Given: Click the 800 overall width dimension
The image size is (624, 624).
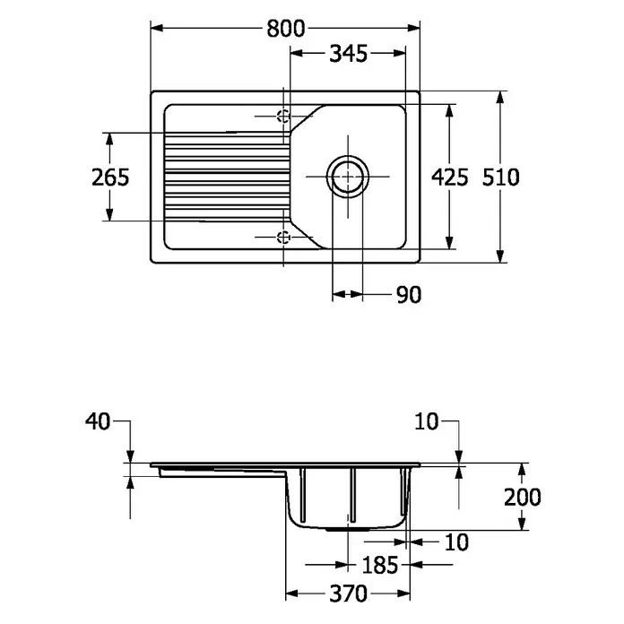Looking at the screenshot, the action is point(286,29).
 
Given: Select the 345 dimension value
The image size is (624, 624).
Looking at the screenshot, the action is point(348,54).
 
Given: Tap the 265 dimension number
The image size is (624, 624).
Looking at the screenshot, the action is point(110,178).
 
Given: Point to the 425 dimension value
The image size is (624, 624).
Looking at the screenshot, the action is point(450,178).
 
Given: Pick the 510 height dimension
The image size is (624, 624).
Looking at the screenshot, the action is point(500,178).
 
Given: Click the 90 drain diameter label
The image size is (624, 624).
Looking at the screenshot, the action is point(409,295).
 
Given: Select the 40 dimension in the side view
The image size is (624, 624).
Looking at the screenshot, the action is point(98,421).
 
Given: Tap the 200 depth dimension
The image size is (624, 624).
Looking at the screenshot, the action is point(522,497).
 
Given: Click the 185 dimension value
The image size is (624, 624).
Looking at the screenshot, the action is point(379,565).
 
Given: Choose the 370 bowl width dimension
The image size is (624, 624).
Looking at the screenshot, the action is point(348,594).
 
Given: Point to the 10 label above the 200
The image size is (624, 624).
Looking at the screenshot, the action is point(426,421).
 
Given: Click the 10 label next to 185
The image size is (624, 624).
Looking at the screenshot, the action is point(456,542).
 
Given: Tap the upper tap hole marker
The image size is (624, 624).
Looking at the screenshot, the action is point(283,117).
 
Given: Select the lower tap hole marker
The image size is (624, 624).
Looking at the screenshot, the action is point(283,238).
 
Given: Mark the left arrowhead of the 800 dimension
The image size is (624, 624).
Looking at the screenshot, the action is point(157,28).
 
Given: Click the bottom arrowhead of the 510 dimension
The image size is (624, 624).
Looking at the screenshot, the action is point(500,256).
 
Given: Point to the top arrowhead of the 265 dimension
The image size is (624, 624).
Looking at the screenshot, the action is point(109,139).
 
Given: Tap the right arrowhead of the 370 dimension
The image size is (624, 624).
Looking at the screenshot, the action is point(403,594).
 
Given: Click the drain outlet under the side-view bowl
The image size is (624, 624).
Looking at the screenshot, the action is point(347,530).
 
